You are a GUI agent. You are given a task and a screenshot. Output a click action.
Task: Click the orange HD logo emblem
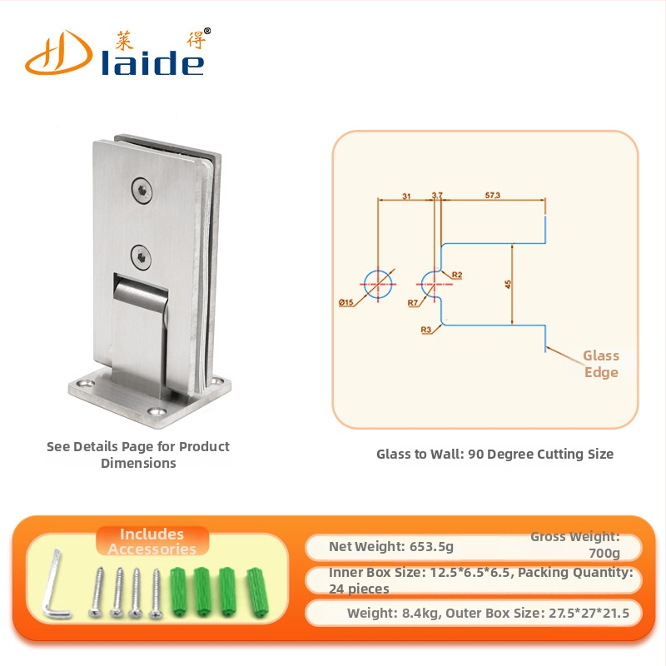[58, 53]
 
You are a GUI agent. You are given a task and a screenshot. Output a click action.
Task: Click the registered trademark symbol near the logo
[207, 31]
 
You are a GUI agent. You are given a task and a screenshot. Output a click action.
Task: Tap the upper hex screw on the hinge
[142, 191]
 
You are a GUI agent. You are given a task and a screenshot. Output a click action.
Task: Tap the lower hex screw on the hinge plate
[141, 258]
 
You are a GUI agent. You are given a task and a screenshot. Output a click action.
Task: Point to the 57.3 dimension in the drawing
[493, 196]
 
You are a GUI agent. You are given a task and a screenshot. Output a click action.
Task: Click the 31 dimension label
[406, 196]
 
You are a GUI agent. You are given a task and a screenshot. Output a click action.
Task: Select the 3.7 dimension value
[437, 196]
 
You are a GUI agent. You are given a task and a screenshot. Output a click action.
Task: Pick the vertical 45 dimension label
[508, 284]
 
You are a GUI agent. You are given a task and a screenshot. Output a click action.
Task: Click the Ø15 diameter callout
[345, 302]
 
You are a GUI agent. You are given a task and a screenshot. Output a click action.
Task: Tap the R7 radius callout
[413, 303]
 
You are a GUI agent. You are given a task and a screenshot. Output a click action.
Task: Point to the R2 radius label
[456, 275]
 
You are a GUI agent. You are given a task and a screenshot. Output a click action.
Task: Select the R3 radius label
[426, 330]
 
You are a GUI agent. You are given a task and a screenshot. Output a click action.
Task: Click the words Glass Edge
[600, 364]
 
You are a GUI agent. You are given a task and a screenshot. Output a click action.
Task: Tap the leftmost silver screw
[97, 593]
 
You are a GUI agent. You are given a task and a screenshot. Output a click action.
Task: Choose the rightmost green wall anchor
[258, 591]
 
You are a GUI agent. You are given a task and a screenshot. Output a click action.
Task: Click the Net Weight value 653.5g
[431, 546]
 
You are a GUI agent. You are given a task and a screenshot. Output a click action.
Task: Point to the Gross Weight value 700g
[604, 553]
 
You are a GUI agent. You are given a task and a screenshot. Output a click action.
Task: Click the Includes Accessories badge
[152, 542]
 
